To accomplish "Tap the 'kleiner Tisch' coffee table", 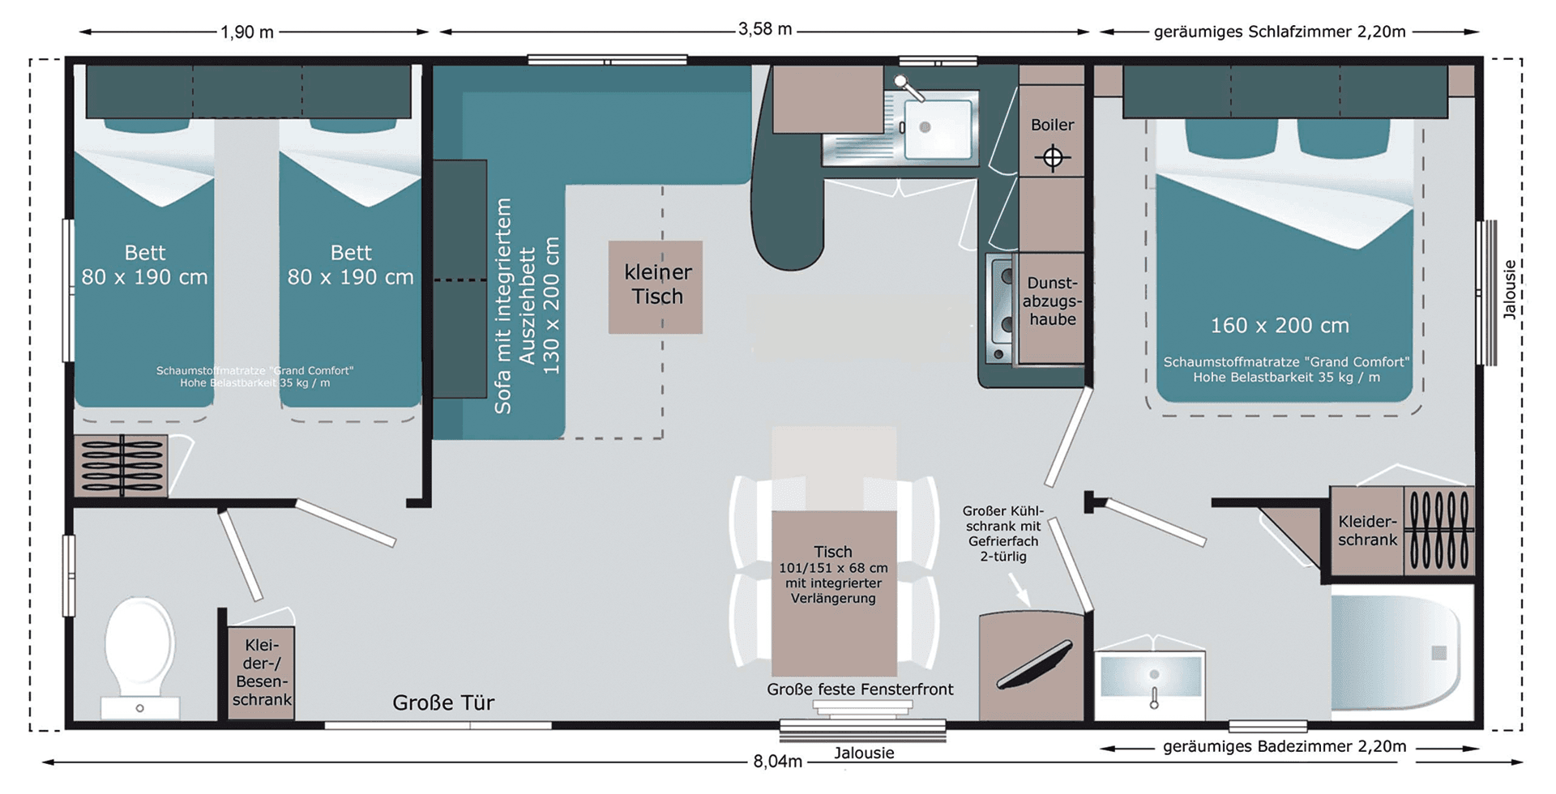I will tap(656, 287).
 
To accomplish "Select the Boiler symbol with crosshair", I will tap(1052, 157).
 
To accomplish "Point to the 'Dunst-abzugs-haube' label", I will tap(1052, 301).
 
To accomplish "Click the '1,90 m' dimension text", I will tap(247, 32).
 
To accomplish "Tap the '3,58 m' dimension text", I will tap(765, 30).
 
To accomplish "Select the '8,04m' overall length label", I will tap(777, 762).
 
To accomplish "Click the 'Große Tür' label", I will tap(443, 702).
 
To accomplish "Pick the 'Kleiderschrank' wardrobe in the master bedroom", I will tap(1367, 531).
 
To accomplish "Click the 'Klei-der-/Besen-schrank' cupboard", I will tap(261, 672).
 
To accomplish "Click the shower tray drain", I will tap(1438, 653).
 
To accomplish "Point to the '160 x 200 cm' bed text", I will tap(1280, 326).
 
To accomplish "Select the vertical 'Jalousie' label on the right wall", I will tap(1509, 289).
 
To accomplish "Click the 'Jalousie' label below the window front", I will tap(864, 753).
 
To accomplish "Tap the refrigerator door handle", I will tap(1035, 664).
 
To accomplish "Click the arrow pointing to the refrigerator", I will tap(1019, 589).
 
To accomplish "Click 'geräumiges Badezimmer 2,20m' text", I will tap(1285, 746).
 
